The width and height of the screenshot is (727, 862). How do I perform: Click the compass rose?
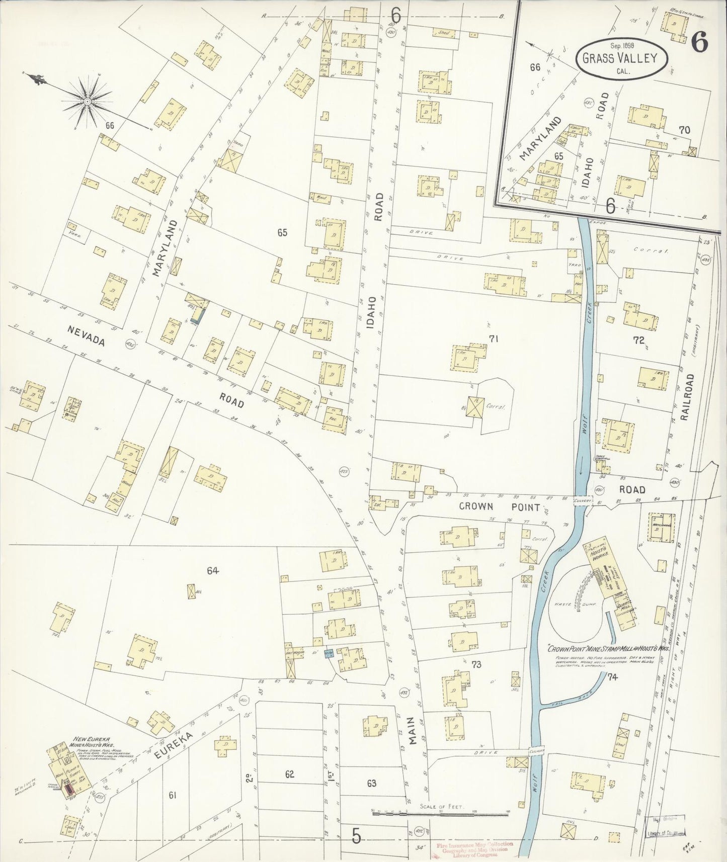coord(87,102)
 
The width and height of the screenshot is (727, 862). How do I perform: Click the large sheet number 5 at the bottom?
coord(356,836)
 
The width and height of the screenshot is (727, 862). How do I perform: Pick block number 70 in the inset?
coord(684,130)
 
